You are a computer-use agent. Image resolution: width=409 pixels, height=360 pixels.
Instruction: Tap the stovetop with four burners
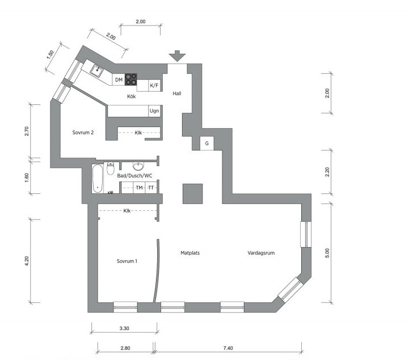click(x=131, y=79)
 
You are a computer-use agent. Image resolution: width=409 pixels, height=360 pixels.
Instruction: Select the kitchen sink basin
click(x=97, y=71)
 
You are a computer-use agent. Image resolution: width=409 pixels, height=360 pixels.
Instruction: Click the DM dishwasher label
click(x=119, y=80)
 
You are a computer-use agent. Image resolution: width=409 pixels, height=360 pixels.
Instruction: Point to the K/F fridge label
click(x=154, y=85)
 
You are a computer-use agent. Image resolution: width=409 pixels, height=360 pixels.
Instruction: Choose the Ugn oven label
click(x=154, y=111)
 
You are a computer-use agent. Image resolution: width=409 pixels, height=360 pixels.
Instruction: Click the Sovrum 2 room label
click(x=83, y=133)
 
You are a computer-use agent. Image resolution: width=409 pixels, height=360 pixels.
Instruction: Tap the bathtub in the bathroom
click(x=98, y=179)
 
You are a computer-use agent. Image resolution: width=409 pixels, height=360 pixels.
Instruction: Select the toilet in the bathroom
click(x=111, y=168)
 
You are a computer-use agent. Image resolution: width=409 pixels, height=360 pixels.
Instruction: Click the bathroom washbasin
click(x=138, y=166)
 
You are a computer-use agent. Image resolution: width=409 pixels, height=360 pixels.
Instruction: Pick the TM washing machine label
click(x=140, y=188)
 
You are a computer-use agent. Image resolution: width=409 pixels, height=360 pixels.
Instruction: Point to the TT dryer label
click(x=151, y=188)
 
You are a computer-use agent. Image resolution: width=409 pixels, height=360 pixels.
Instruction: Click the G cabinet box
click(x=207, y=143)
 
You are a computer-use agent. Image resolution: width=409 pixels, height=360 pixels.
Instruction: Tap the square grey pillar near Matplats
click(x=192, y=194)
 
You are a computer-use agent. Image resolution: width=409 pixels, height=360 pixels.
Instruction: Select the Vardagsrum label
click(x=261, y=253)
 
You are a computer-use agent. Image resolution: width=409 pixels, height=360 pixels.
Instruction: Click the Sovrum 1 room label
click(x=127, y=261)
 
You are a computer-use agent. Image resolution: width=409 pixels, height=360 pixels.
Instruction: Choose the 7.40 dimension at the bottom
click(x=228, y=348)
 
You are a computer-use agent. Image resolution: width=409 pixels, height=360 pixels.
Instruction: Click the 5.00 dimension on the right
click(x=327, y=253)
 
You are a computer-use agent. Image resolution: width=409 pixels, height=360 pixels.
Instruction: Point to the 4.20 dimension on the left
click(x=27, y=261)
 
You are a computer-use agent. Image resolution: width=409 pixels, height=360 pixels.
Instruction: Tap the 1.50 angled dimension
click(x=50, y=54)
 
